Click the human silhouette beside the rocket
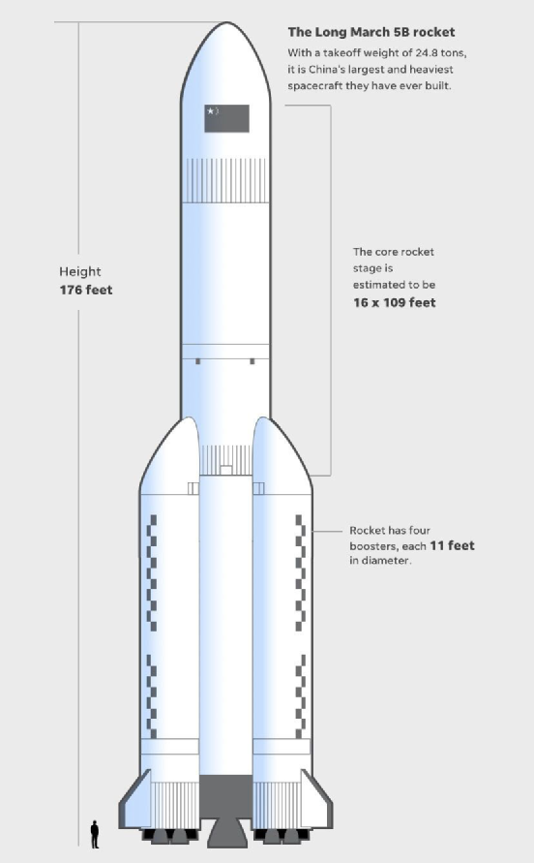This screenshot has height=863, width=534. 95,834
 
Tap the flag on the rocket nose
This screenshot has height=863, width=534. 226,118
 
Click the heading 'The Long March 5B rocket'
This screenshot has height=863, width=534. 371,32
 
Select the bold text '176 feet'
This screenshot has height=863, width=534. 86,290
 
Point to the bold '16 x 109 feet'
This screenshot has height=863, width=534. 395,302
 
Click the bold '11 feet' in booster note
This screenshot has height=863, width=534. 452,545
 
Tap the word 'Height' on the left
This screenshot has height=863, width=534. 80,271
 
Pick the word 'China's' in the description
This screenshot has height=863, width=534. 328,70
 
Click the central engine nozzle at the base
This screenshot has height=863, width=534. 226,832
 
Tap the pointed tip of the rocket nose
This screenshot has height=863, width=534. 226,22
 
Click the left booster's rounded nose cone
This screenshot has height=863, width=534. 170,456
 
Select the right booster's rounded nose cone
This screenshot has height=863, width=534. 282,456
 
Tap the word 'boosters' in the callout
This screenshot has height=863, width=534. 372,546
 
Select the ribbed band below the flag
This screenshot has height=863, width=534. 225,180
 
